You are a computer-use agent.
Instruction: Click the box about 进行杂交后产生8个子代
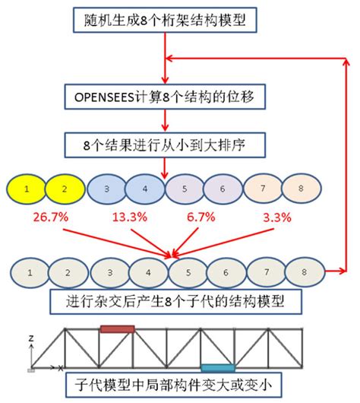pos(169,301)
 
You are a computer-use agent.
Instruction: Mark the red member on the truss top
pos(118,328)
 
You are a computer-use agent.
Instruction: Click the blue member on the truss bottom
pos(218,367)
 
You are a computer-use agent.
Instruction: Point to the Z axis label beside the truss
pos(29,336)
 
